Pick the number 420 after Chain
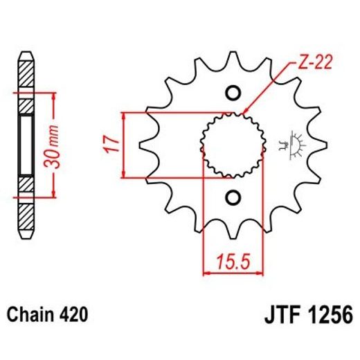click(74, 316)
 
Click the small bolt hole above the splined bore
click(233, 93)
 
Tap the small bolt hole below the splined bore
click(233, 197)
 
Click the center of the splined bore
click(233, 145)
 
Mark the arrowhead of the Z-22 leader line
click(243, 114)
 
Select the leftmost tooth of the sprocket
click(147, 145)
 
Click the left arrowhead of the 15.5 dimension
click(206, 273)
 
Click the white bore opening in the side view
click(26, 145)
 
